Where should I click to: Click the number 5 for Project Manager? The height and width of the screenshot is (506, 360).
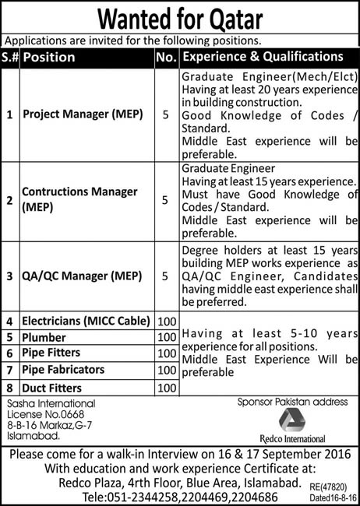(164, 114)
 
